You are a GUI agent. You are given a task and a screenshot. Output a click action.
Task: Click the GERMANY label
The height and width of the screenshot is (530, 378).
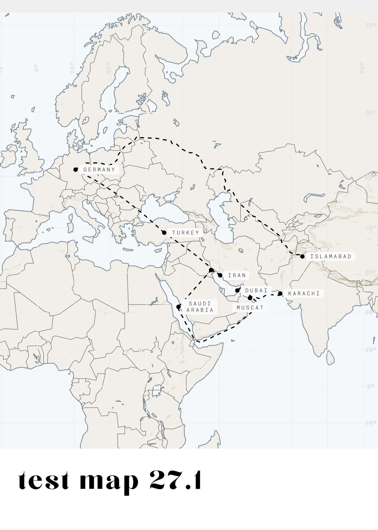point(99,170)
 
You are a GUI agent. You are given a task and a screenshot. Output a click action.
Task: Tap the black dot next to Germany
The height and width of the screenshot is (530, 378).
point(76,170)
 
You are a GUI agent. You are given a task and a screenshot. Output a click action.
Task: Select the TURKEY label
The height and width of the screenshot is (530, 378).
point(186,233)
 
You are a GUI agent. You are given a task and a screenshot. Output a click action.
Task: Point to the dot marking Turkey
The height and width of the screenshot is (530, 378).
point(164,233)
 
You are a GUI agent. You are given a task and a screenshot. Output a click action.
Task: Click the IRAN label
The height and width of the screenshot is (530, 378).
point(237,275)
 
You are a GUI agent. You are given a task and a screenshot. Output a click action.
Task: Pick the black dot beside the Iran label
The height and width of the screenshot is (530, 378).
point(220,275)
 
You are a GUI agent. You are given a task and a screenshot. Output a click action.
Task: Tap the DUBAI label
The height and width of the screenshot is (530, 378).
point(256,291)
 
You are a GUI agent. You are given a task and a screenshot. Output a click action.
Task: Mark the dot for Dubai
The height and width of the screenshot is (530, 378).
point(237,290)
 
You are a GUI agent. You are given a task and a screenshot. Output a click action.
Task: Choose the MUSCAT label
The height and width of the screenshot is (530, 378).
point(250,308)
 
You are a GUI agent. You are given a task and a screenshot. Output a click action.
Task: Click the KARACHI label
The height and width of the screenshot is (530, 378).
point(304,293)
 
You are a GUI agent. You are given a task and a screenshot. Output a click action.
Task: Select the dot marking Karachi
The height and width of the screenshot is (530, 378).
point(280,293)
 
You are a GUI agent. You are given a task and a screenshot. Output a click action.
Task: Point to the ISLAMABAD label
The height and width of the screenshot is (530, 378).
point(331,256)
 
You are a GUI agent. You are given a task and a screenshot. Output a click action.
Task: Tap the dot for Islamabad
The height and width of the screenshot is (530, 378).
point(302,256)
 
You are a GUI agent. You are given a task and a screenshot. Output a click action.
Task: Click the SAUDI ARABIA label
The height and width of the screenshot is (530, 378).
point(200,307)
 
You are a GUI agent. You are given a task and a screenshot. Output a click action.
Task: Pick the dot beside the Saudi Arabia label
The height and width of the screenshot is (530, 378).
point(178,307)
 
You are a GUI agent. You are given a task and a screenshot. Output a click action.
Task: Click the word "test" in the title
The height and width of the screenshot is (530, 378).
point(44,481)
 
